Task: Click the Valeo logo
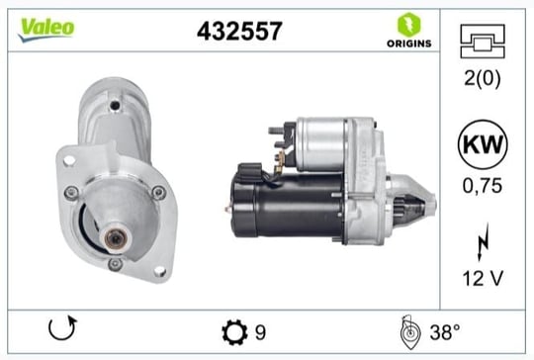[x=46, y=30]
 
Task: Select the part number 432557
[x=239, y=31]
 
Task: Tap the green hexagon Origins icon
[x=409, y=25]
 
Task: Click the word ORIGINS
[x=409, y=44]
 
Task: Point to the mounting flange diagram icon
[x=483, y=42]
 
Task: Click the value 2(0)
[x=483, y=78]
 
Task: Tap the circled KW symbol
[x=483, y=144]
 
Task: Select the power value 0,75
[x=483, y=186]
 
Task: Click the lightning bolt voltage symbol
[x=484, y=242]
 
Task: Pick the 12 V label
[x=483, y=279]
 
